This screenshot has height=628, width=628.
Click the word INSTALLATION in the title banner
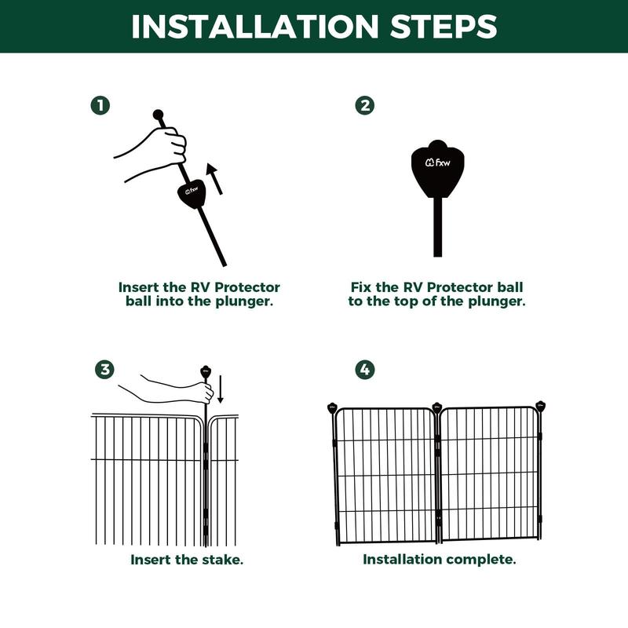(x=254, y=27)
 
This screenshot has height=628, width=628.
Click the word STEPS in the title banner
(x=444, y=27)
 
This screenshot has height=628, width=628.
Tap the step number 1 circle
(x=100, y=105)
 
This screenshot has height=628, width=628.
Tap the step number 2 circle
(x=365, y=105)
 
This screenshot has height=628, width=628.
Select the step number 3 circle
(x=104, y=369)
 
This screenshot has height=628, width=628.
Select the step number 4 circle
(x=365, y=369)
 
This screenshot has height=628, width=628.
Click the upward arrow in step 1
(x=214, y=179)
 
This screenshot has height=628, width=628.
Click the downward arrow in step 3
(x=221, y=389)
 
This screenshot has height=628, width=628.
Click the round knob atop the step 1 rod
(x=159, y=115)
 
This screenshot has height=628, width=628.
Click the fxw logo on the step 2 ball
(x=437, y=162)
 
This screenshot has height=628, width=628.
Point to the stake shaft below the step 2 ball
(x=437, y=227)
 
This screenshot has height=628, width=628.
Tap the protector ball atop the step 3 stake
(x=206, y=371)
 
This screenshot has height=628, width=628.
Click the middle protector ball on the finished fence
(x=436, y=407)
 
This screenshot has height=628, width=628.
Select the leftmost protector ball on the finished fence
(x=332, y=408)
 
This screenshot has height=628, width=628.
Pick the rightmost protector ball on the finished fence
(x=540, y=406)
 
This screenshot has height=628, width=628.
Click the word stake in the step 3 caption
(x=222, y=560)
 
